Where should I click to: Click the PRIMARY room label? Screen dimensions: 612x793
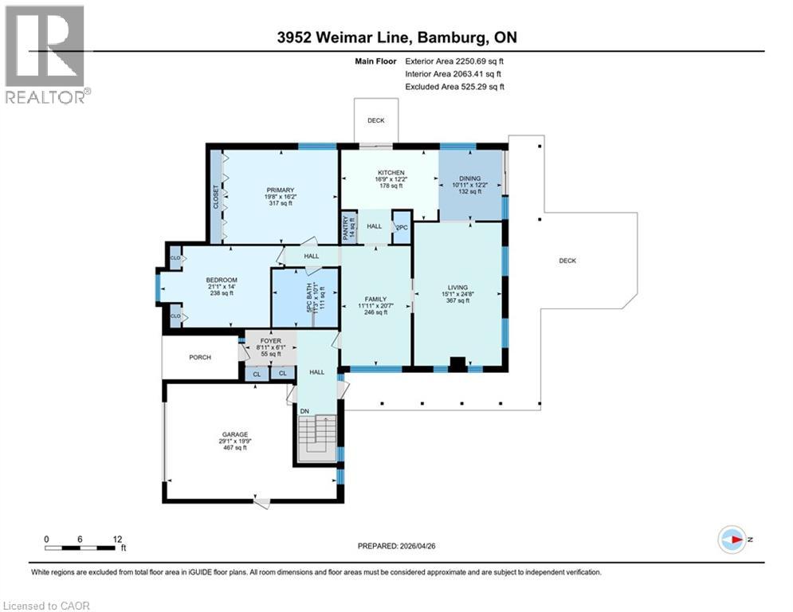(281, 190)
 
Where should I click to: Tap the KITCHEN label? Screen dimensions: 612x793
(391, 173)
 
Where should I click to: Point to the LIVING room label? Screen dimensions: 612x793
(457, 288)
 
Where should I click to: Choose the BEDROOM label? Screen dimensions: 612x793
(222, 280)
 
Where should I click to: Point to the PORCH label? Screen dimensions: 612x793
(200, 357)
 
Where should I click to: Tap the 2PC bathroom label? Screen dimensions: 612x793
(401, 227)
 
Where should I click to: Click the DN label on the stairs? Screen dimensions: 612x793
(304, 411)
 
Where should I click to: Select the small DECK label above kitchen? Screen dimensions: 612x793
(375, 121)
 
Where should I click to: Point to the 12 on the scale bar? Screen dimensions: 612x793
(117, 539)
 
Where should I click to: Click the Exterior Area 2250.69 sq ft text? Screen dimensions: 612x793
(455, 61)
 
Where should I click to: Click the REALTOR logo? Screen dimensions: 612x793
(45, 54)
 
